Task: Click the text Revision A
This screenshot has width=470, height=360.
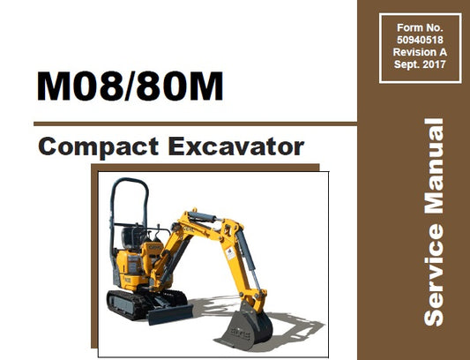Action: click(x=414, y=52)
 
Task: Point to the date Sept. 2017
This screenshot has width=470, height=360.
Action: click(x=414, y=64)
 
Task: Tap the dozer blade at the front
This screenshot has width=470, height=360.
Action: click(x=168, y=313)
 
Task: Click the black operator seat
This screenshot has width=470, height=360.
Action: click(x=132, y=236)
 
